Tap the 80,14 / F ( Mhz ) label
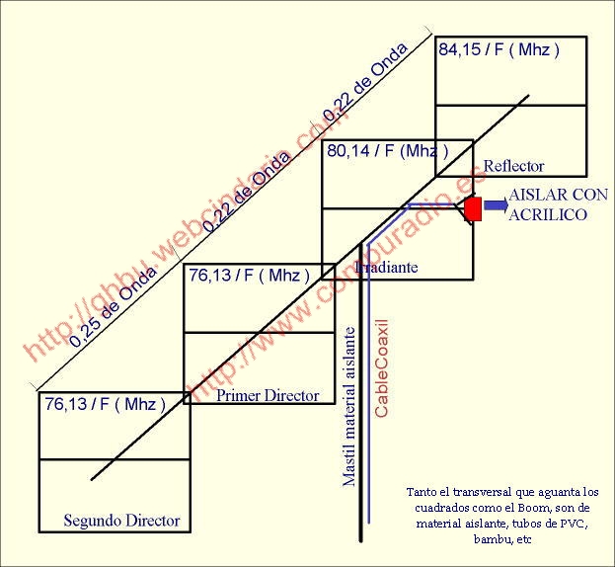pyautogui.click(x=386, y=151)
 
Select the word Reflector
pyautogui.click(x=513, y=166)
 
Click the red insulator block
pyautogui.click(x=473, y=208)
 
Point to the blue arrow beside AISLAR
pyautogui.click(x=495, y=204)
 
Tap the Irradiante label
pyautogui.click(x=386, y=268)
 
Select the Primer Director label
pyautogui.click(x=268, y=395)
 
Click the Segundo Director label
pyautogui.click(x=121, y=520)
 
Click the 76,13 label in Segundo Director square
pyautogui.click(x=104, y=403)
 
